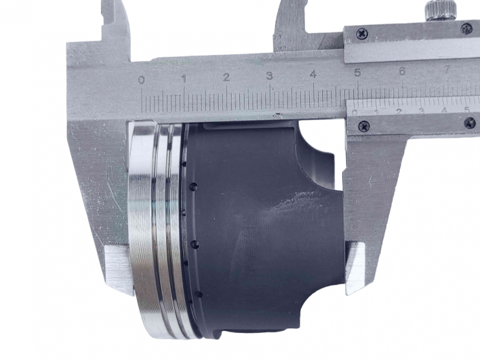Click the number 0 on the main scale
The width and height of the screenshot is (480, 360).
(142, 80)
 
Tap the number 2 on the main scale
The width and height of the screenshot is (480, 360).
(226, 78)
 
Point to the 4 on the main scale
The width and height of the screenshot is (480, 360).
(313, 74)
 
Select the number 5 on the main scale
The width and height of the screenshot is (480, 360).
(357, 73)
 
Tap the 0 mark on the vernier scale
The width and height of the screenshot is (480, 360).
(355, 112)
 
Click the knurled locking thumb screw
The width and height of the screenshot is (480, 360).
(441, 10)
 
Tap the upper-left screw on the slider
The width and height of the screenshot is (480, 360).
(362, 32)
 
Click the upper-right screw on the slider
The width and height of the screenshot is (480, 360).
(466, 28)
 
